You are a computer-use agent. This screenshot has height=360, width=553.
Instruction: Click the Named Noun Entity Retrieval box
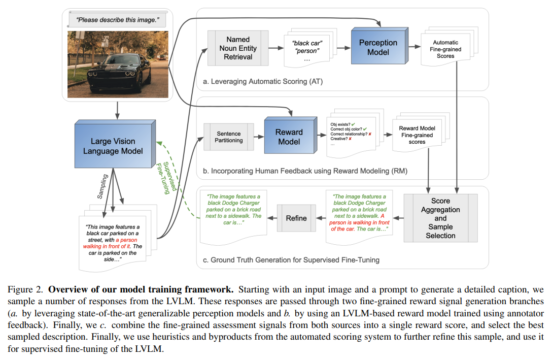pyautogui.click(x=238, y=48)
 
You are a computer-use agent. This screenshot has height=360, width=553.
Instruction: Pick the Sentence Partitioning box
pyautogui.click(x=228, y=137)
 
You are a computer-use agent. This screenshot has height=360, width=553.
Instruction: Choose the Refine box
pyautogui.click(x=296, y=218)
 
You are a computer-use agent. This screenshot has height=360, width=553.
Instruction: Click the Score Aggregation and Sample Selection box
pyautogui.click(x=440, y=218)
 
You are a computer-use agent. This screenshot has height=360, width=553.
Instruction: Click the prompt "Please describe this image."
pyautogui.click(x=118, y=20)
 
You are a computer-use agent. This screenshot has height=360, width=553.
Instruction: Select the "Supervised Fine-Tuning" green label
pyautogui.click(x=166, y=178)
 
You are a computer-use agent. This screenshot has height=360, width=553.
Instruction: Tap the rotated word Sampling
pyautogui.click(x=102, y=186)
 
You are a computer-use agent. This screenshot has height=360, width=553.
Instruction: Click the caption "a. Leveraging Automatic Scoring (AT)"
pyautogui.click(x=263, y=82)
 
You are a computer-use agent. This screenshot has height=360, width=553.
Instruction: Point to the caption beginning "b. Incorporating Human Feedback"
pyautogui.click(x=305, y=171)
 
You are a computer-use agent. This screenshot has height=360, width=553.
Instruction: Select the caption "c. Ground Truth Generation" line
pyautogui.click(x=291, y=260)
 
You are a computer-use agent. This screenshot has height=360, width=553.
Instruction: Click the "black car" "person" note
pyautogui.click(x=307, y=49)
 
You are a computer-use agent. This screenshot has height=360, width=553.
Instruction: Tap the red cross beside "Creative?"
pyautogui.click(x=350, y=139)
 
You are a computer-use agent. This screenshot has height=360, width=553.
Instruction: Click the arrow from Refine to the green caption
pyautogui.click(x=272, y=218)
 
